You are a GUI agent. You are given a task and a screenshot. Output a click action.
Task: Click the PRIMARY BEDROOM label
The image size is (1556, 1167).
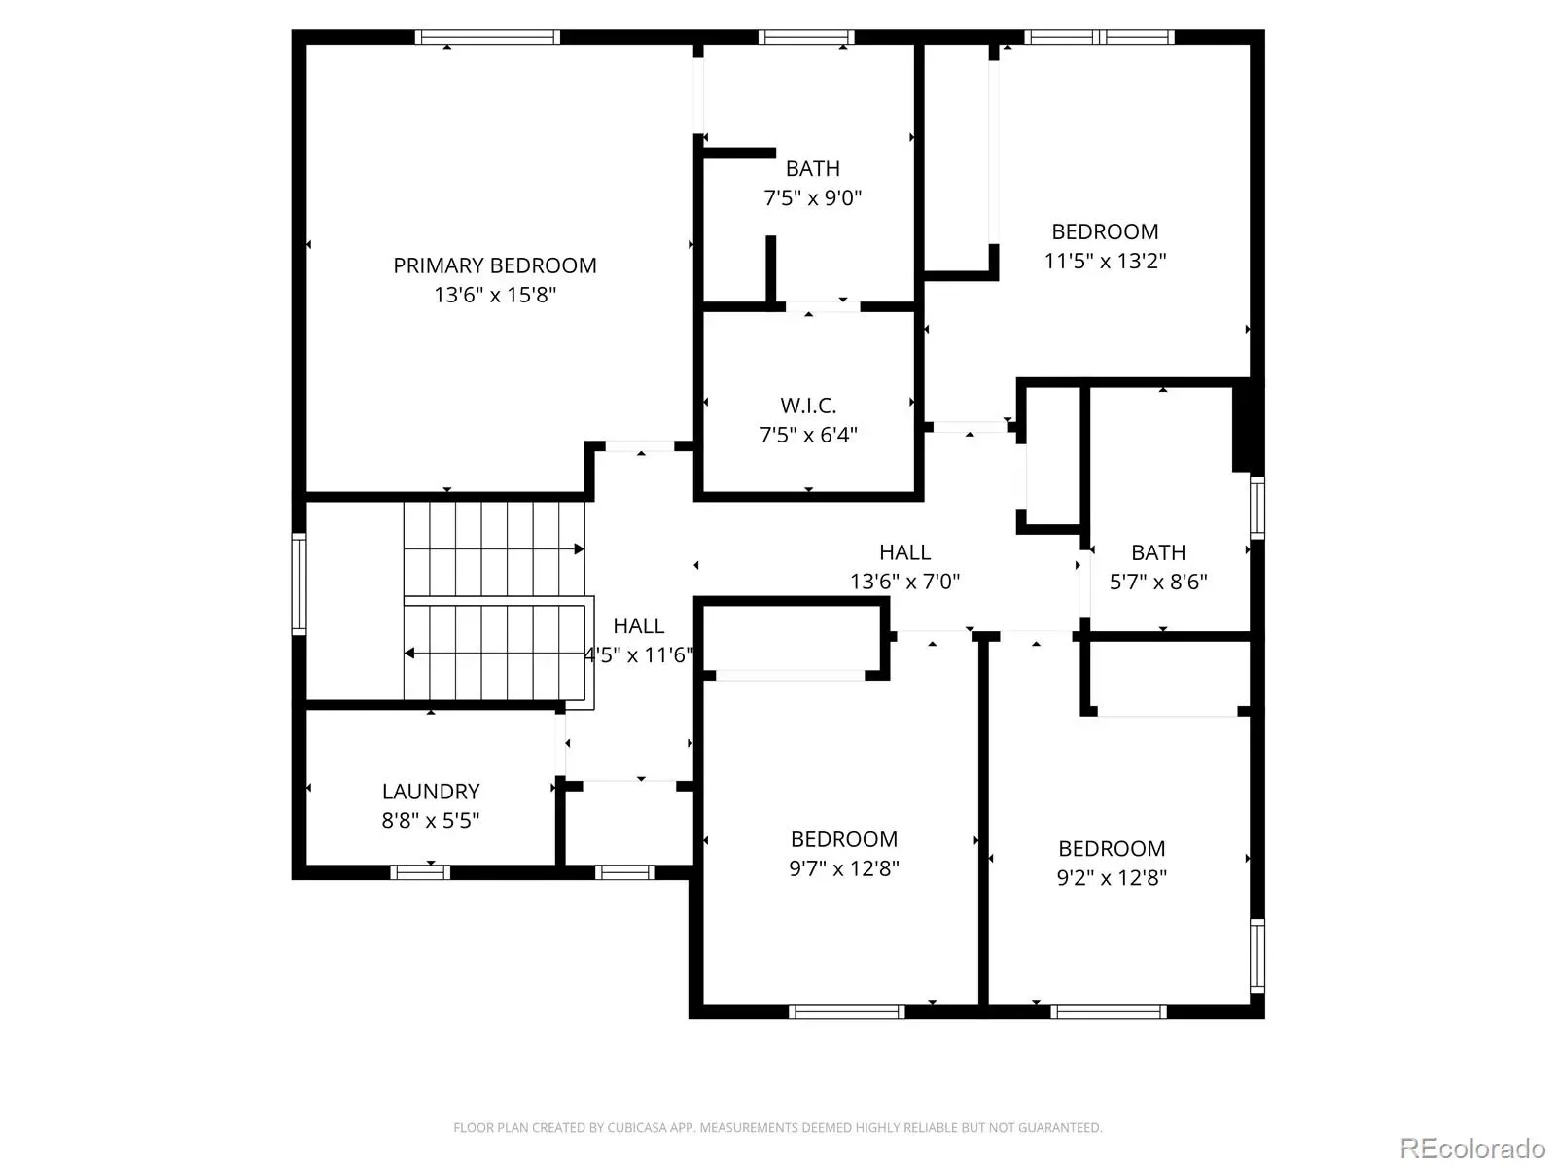495,265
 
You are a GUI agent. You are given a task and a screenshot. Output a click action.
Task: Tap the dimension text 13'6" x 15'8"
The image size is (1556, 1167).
495,295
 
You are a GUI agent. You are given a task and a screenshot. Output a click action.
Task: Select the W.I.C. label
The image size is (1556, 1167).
808,406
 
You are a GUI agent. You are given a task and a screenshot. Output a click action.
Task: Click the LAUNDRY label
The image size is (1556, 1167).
431,792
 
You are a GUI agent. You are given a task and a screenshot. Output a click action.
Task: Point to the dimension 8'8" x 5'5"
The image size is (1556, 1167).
431,821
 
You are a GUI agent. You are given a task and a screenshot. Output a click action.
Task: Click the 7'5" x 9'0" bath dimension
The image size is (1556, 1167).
812,197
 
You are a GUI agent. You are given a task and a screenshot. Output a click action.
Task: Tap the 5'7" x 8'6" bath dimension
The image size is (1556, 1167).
1158,582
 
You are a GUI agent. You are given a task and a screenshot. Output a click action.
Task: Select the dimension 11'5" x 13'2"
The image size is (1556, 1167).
1105,261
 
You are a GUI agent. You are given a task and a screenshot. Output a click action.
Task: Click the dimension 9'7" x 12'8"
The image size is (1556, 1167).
844,868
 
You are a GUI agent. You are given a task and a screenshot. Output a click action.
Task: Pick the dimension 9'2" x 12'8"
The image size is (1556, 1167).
1112,878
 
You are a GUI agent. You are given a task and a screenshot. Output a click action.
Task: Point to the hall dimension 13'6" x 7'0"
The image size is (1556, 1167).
905,582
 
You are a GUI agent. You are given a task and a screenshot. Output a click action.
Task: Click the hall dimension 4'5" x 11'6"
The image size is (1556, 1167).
639,655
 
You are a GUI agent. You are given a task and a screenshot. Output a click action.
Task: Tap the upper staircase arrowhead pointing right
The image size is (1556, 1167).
580,549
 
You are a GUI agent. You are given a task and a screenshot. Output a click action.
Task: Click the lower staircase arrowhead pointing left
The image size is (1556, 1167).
409,654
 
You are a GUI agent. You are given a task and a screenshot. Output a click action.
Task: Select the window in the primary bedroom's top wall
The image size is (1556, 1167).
487,38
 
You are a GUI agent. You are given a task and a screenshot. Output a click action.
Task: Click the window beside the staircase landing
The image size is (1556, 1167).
300,583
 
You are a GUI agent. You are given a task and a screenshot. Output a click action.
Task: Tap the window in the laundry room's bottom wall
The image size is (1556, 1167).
420,872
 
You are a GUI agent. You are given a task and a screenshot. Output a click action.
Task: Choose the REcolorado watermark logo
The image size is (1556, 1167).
1472,1148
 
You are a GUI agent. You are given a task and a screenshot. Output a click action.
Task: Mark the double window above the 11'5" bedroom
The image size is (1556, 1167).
1099,38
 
